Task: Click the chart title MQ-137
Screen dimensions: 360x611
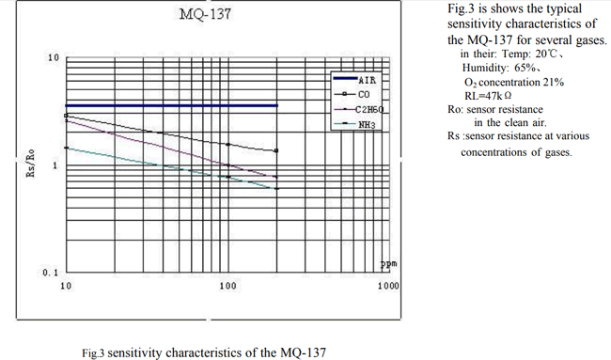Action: (204, 15)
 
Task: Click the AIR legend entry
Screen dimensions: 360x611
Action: (366, 81)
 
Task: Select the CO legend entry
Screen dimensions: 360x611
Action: (364, 95)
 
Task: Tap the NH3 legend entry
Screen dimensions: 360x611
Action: (366, 124)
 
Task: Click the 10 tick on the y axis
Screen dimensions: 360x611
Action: (54, 58)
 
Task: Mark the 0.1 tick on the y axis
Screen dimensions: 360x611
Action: (51, 273)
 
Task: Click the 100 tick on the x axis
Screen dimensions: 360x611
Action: (227, 285)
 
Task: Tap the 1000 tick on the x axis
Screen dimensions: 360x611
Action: (388, 285)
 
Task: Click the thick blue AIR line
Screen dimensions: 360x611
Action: (169, 105)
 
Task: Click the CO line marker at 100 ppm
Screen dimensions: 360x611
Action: (228, 144)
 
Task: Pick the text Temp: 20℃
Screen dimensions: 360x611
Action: (507, 55)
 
